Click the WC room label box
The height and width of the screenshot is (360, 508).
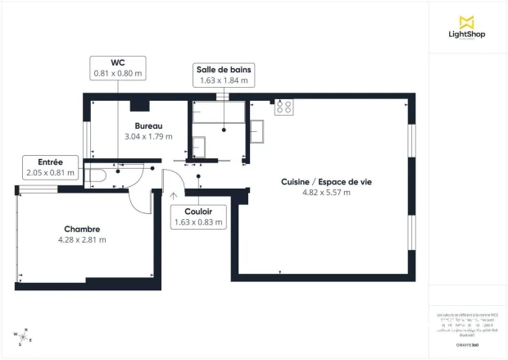(x=118, y=67)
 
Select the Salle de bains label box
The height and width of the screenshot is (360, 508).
(x=224, y=75)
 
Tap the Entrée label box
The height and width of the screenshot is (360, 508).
(x=50, y=167)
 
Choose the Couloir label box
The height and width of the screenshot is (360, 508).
(x=198, y=216)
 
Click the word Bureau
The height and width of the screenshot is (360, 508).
(x=148, y=125)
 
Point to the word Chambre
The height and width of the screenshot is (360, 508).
(x=82, y=229)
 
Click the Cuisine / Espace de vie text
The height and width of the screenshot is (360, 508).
(x=315, y=182)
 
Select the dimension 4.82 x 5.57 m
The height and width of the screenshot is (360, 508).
(x=315, y=193)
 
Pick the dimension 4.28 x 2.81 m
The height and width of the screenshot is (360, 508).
(x=82, y=239)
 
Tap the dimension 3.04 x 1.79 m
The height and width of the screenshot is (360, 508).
(x=148, y=136)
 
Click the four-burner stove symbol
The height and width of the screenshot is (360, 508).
(x=284, y=107)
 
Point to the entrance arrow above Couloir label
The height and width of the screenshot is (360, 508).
(x=173, y=195)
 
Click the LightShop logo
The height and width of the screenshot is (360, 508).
(x=468, y=26)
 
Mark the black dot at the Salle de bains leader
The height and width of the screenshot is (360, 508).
(x=225, y=129)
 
